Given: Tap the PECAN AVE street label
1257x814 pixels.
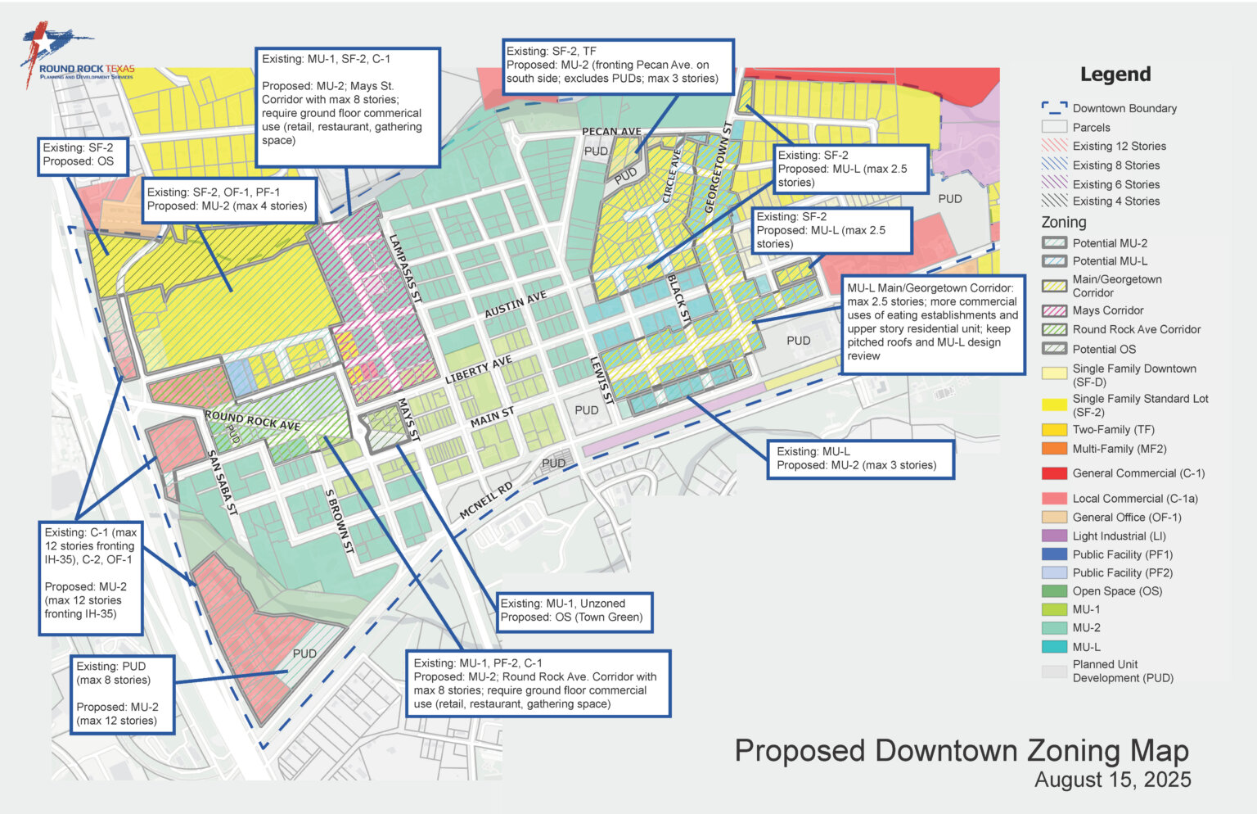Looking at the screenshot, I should [x=611, y=132].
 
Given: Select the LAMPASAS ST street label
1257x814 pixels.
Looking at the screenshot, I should [x=404, y=269].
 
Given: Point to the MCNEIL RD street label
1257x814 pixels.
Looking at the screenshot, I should [x=486, y=500].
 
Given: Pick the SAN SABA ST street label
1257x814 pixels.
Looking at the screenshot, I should [x=222, y=482].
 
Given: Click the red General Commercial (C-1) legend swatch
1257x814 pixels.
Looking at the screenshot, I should [x=1054, y=473].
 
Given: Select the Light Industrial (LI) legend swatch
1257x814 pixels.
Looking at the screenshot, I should [x=1054, y=536].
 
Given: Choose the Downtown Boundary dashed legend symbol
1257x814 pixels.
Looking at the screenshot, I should [x=1054, y=108].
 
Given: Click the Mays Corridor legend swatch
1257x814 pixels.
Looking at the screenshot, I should [x=1054, y=310].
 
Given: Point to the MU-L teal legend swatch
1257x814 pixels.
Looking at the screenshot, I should [x=1054, y=647].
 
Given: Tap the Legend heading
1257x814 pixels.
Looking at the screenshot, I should [x=1115, y=75].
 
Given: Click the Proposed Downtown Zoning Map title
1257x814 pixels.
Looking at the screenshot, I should [x=961, y=751].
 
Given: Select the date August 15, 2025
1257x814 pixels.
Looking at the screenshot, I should [x=1112, y=780].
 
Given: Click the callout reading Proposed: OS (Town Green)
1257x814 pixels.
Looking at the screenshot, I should [x=574, y=611].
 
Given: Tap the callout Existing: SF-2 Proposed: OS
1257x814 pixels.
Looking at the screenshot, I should [x=83, y=155].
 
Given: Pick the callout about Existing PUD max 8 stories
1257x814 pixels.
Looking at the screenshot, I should [x=122, y=694].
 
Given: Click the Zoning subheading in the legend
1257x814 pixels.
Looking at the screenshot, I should [x=1063, y=222].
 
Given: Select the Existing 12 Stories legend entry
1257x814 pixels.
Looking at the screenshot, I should [x=1119, y=147].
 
